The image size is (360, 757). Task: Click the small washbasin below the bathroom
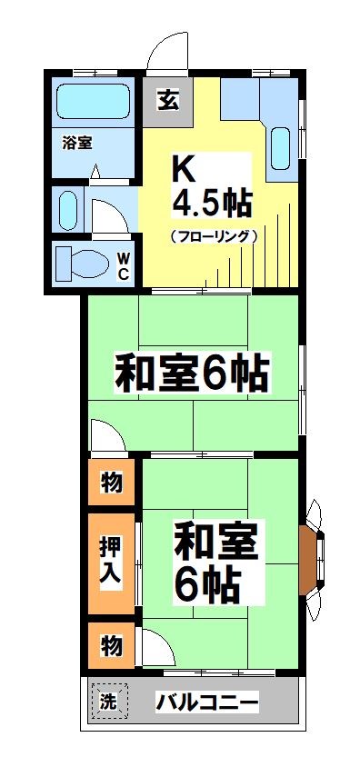tap(68, 211)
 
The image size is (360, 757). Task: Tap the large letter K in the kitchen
tap(185, 168)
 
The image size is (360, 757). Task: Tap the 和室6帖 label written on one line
tap(191, 373)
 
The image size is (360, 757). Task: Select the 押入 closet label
tap(112, 563)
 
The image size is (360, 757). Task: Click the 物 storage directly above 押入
tap(112, 483)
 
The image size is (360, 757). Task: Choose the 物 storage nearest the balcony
tap(112, 645)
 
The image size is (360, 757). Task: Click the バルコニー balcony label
tap(207, 702)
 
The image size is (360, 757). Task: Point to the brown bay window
tap(309, 555)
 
